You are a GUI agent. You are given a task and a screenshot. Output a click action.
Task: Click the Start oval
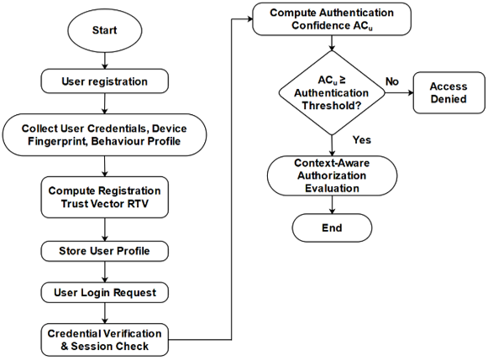point(105,30)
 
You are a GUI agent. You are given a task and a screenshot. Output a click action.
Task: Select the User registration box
point(105,81)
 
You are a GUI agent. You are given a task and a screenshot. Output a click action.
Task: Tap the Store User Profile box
point(105,251)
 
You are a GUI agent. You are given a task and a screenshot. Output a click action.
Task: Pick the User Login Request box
point(105,293)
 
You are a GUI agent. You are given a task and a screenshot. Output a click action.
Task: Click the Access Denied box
point(449,92)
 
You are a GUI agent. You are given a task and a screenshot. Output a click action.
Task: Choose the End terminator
point(332,228)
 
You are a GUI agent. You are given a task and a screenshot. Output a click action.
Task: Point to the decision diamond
point(332,92)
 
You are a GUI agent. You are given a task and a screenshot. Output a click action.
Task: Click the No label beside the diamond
point(392,81)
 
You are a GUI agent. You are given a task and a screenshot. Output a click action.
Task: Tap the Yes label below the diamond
point(362,140)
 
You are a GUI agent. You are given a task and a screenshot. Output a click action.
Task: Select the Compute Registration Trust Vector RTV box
point(105,197)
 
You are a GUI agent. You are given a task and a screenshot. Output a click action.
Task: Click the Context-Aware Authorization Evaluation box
point(332,175)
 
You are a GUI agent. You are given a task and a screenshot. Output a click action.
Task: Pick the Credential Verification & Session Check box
point(105,340)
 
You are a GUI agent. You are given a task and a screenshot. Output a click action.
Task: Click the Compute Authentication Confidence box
point(332,19)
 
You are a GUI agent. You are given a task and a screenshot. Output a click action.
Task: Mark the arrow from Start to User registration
point(105,60)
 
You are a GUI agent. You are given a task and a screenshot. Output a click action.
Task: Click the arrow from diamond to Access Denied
point(399,92)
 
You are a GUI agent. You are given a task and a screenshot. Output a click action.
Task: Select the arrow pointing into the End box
point(332,205)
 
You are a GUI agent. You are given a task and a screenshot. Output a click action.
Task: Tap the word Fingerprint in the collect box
point(58,142)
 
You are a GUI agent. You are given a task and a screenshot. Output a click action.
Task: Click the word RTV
point(139,204)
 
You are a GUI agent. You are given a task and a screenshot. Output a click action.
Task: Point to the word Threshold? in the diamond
point(332,106)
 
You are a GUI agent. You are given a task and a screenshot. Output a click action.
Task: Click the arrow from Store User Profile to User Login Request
point(105,272)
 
